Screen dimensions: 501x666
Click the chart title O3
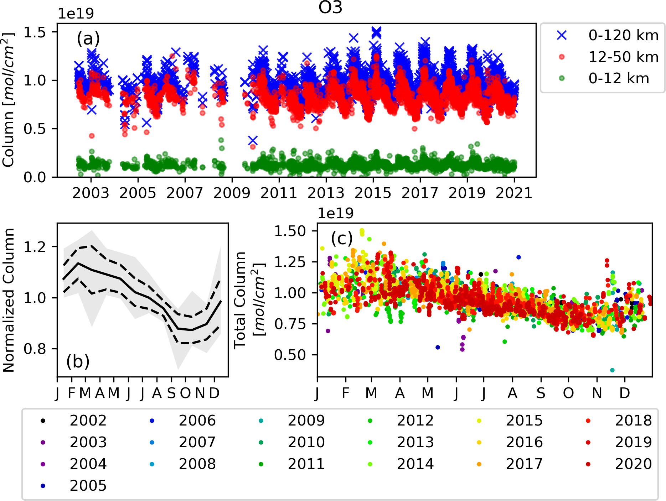[330, 8]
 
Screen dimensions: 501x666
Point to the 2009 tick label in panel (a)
[232, 193]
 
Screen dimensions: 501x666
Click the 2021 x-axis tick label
[514, 193]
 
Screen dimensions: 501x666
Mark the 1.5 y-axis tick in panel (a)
[35, 32]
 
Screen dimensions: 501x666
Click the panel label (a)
[88, 38]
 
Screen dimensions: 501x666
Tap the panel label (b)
[78, 361]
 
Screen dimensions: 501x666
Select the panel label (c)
[342, 238]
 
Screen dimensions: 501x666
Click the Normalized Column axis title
[9, 300]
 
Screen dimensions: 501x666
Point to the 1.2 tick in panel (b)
[35, 246]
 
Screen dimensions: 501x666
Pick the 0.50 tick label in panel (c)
[290, 355]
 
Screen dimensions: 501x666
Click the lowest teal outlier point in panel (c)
[612, 370]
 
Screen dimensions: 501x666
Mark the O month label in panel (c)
[568, 393]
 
